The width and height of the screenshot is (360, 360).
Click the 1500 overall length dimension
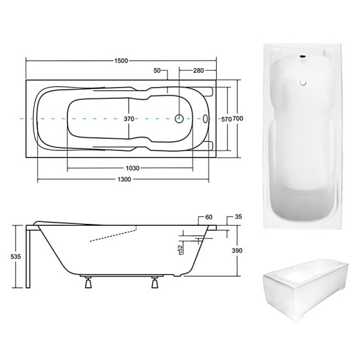(x=121, y=61)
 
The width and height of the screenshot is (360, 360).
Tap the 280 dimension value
(x=198, y=70)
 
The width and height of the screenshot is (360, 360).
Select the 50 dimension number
(x=157, y=70)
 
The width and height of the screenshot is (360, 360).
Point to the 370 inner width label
(x=129, y=118)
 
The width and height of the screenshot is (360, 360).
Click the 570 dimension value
(x=226, y=119)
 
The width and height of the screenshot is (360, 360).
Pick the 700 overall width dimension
(x=238, y=118)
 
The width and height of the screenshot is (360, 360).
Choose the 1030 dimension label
(x=132, y=168)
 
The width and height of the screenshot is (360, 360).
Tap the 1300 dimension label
(x=124, y=179)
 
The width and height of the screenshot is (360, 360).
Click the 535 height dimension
(x=16, y=257)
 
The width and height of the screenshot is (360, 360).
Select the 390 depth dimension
(x=237, y=250)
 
